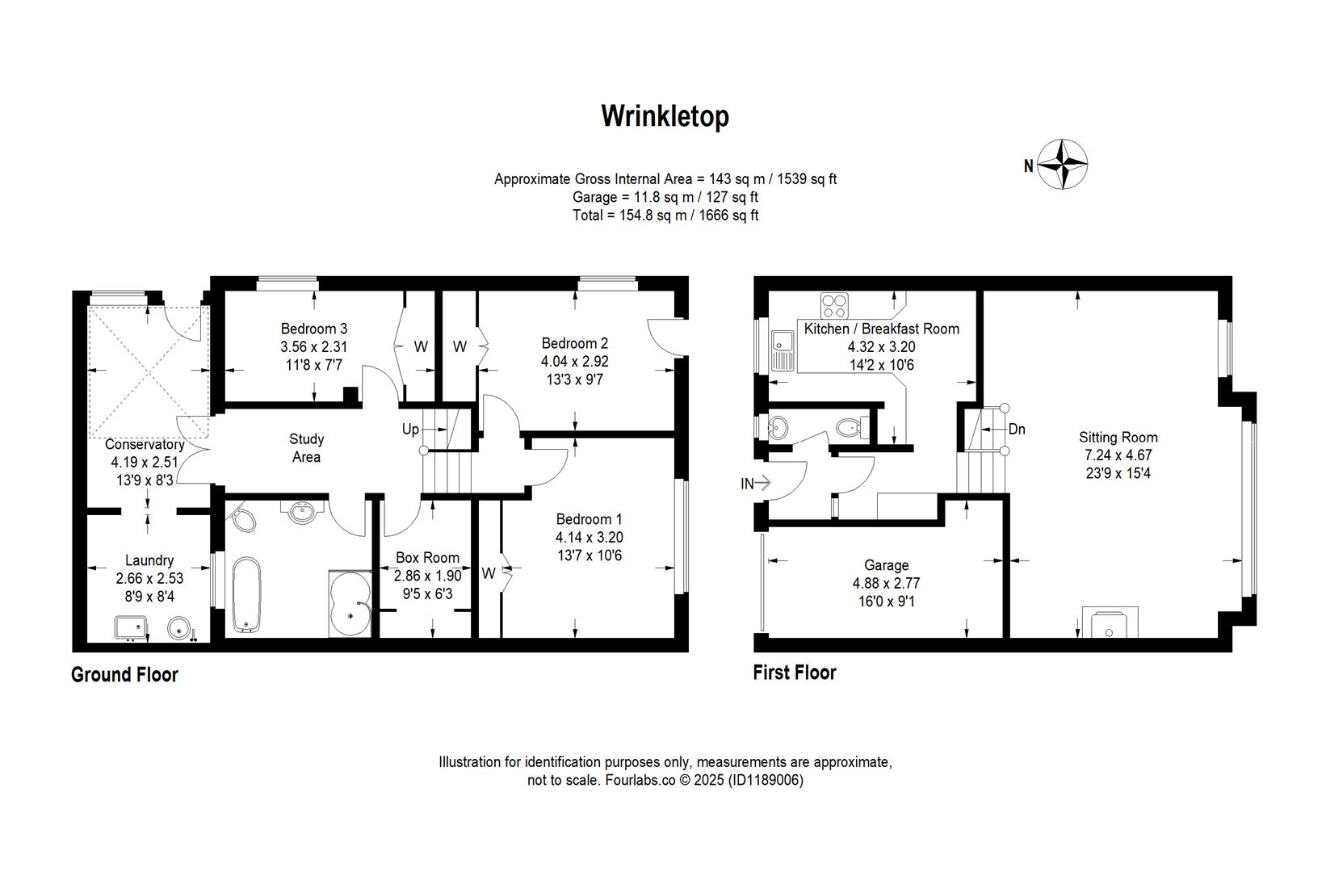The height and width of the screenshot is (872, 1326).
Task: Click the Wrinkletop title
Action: pos(664,116)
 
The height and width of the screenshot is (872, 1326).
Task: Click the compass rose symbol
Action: pos(1062,165)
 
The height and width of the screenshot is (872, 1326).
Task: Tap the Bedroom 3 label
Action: pos(313,329)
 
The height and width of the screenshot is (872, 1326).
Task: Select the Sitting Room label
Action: pos(1118,438)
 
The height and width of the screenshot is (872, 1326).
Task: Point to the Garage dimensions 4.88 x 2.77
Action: pos(886,583)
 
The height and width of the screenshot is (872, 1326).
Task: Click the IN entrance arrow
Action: pos(756,484)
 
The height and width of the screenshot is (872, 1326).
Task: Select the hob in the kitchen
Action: pos(835,305)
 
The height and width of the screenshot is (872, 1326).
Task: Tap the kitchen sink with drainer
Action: pos(783,350)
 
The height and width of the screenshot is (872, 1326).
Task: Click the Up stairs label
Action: pos(410,429)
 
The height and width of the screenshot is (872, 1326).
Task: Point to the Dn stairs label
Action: pos(1017,429)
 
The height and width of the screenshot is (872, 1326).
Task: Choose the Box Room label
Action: pos(427,557)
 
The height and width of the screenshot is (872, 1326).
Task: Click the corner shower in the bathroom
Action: pos(351,604)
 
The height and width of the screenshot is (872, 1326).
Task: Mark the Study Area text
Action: pos(306,448)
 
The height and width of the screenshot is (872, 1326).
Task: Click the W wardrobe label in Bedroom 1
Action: pos(488,573)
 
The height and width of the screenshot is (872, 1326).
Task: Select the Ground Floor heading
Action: pos(124,674)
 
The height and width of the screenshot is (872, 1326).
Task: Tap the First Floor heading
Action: pos(794,672)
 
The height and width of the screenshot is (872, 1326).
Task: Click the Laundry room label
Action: pos(149,560)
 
